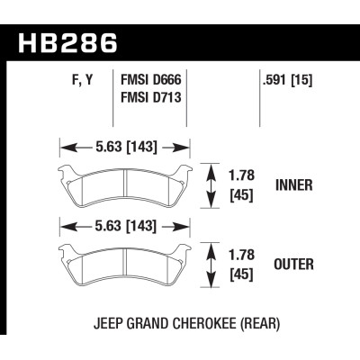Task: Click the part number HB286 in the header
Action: [67, 43]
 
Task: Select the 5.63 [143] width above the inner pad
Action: [127, 141]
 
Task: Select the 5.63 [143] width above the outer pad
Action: [127, 224]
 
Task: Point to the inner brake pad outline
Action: [126, 186]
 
